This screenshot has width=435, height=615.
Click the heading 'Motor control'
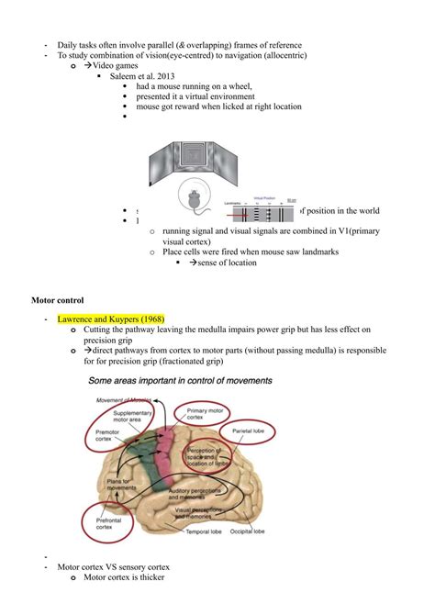[x=58, y=300]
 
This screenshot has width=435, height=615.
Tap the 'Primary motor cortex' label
[x=208, y=417]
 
